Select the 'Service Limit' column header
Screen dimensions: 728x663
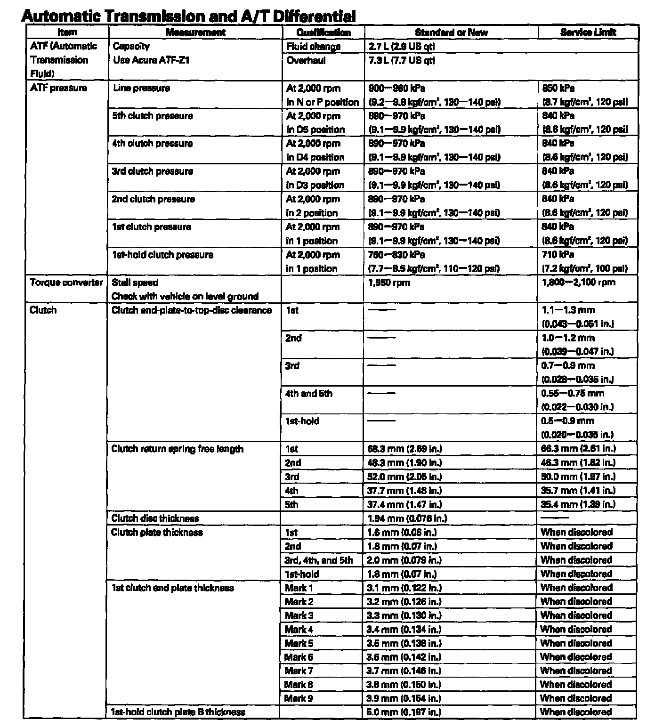point(588,32)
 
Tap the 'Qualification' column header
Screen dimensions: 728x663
point(323,32)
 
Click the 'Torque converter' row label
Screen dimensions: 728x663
point(66,283)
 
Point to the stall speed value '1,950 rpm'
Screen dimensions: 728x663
point(389,283)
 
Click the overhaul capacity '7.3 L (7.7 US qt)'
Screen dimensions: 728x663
point(401,60)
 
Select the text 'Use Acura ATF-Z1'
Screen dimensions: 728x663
point(151,60)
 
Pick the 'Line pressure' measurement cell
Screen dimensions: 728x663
point(142,88)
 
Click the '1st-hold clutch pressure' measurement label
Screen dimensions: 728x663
point(162,255)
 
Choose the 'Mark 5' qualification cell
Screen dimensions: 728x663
point(299,643)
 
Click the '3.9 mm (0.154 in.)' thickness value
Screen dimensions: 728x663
point(404,698)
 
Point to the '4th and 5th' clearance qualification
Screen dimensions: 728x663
point(309,394)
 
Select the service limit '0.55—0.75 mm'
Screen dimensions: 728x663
point(573,394)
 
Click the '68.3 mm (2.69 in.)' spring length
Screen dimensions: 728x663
point(404,449)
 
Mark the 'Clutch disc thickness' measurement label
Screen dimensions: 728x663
point(155,518)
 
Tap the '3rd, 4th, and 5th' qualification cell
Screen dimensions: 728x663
point(319,560)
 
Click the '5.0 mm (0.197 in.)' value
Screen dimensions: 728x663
point(404,712)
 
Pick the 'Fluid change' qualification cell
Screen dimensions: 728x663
point(314,46)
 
